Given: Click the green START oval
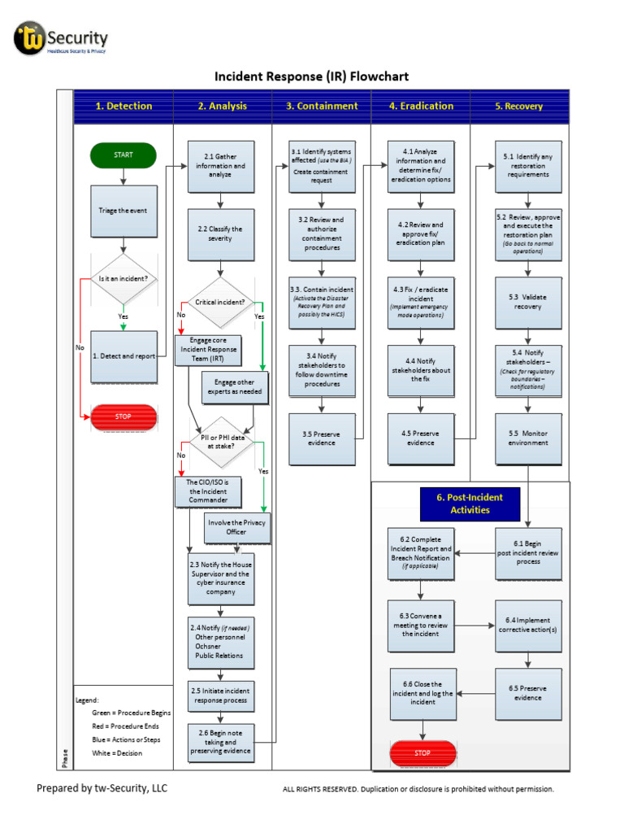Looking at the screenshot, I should click(123, 155).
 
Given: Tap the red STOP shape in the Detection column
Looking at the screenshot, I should click(123, 416).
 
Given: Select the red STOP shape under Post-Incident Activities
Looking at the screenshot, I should click(422, 753).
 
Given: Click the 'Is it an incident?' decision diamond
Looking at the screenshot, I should click(123, 278).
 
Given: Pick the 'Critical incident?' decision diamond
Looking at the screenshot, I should click(220, 303).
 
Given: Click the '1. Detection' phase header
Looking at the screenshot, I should click(123, 106).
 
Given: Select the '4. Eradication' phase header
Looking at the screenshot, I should click(421, 106).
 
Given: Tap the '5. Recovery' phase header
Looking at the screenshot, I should click(519, 106).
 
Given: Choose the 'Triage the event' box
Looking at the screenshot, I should click(123, 211).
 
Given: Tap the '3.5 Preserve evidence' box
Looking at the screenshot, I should click(323, 438).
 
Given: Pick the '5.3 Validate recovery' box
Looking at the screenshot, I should click(528, 302).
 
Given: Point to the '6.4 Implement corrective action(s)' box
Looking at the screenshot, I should click(528, 625).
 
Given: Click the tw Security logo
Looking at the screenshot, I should click(61, 39).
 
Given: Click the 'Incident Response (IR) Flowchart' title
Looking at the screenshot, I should click(311, 76).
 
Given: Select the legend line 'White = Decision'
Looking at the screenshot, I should click(117, 753).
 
